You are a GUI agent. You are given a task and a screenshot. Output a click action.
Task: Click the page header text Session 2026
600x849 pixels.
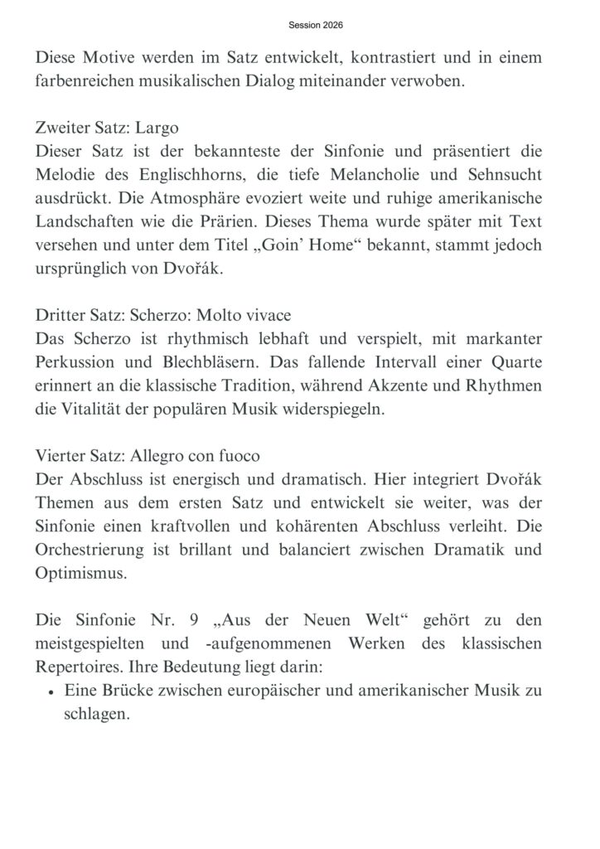point(316,26)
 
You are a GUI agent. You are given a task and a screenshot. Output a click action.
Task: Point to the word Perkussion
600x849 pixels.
point(78,365)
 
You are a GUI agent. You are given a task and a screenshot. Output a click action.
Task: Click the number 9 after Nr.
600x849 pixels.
point(187,623)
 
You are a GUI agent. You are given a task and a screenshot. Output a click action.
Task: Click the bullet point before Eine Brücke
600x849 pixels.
point(51,694)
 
